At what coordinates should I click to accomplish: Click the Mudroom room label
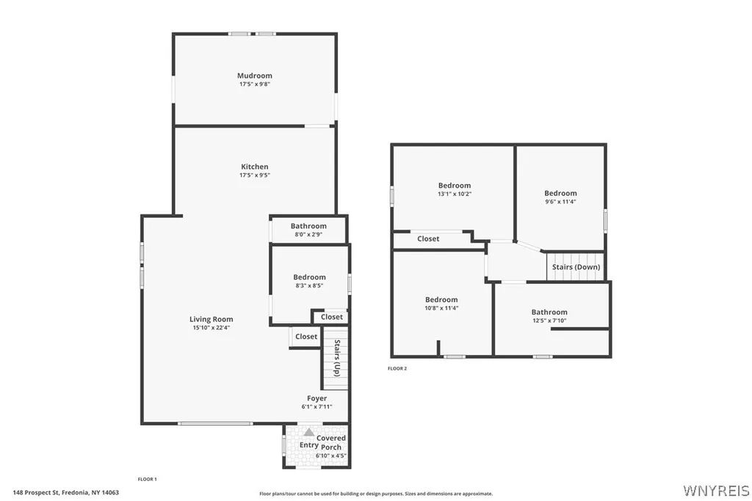point(255,76)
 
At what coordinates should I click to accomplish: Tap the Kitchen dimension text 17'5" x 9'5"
point(255,175)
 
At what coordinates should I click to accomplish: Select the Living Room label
point(211,320)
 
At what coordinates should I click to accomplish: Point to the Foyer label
point(317,398)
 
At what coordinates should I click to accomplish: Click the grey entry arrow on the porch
point(309,432)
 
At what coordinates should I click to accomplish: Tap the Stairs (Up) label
point(337,358)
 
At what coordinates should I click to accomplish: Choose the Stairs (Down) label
point(576,267)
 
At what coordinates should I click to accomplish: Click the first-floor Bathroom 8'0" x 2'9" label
point(308,226)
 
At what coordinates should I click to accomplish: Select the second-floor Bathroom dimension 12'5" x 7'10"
point(549,321)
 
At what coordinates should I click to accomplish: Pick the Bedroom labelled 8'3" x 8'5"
point(309,277)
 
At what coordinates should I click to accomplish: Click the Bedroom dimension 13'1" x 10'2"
point(455,194)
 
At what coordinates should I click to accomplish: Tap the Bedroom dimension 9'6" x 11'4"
point(560,202)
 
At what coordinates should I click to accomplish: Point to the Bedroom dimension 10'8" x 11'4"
point(441,308)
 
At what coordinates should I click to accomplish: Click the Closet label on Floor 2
point(428,238)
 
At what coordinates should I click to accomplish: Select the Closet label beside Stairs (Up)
point(306,337)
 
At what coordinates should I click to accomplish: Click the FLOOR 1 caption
point(147,479)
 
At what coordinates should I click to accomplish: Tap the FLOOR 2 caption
point(397,368)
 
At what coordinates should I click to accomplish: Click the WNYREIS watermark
point(716,491)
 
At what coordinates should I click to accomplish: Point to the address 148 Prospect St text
point(36,492)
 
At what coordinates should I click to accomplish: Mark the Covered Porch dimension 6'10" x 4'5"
point(330,456)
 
